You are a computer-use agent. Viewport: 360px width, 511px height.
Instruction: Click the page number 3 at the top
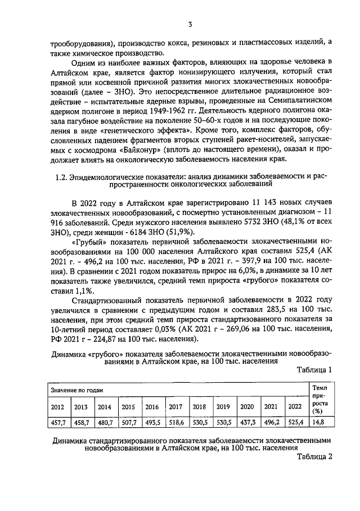coord(190,24)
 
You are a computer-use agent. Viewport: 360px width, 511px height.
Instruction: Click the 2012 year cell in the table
coord(57,407)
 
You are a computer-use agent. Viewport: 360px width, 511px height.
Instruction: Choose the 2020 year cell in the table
coord(247,407)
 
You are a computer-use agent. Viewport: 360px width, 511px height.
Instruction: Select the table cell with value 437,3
coord(247,422)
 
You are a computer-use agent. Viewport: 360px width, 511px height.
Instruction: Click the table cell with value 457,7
coord(57,422)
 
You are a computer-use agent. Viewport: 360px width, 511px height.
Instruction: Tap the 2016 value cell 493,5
coord(152,422)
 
